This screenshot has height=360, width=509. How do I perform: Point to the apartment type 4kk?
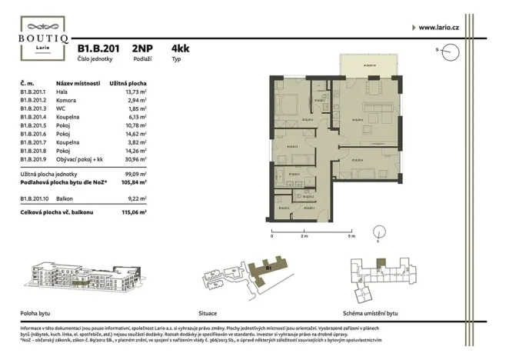pyautogui.click(x=181, y=48)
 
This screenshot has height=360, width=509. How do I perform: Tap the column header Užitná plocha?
pyautogui.click(x=128, y=82)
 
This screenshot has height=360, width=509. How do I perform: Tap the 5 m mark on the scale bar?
pyautogui.click(x=351, y=237)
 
